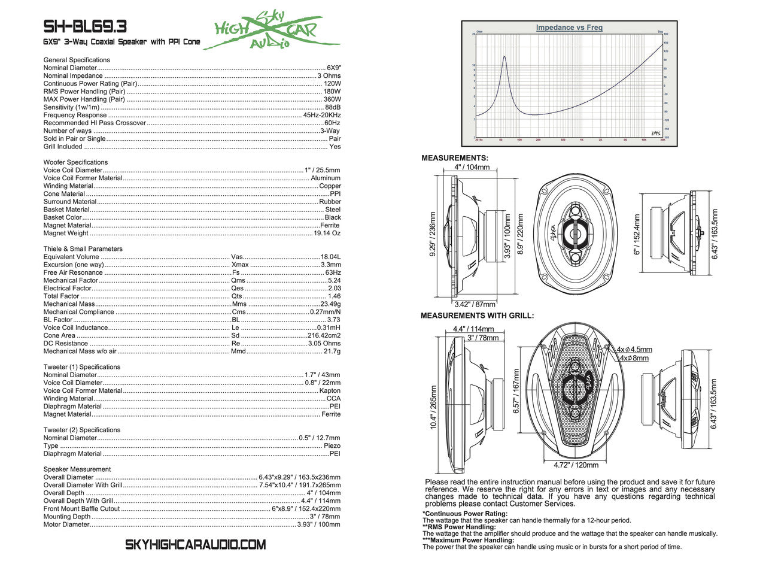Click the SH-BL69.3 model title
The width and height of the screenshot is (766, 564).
click(85, 27)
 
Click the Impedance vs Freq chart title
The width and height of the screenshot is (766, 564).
click(569, 28)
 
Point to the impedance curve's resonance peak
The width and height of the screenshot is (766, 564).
click(504, 57)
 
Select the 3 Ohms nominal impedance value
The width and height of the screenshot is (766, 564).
click(329, 76)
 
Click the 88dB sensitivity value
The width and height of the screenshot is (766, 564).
click(333, 107)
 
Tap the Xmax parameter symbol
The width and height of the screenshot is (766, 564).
click(240, 265)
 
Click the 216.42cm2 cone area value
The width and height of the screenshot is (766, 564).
click(324, 335)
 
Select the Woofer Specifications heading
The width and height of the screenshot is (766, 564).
click(75, 162)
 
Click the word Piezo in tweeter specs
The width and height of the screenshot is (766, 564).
click(332, 446)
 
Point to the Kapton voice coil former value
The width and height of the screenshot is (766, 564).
click(330, 390)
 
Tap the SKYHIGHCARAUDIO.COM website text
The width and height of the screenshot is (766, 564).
click(195, 545)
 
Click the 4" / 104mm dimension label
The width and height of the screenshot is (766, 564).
click(472, 167)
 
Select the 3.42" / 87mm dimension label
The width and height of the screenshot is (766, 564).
click(476, 304)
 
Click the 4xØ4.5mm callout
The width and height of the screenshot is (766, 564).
click(636, 350)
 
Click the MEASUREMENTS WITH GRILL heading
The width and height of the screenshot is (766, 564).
click(478, 316)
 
